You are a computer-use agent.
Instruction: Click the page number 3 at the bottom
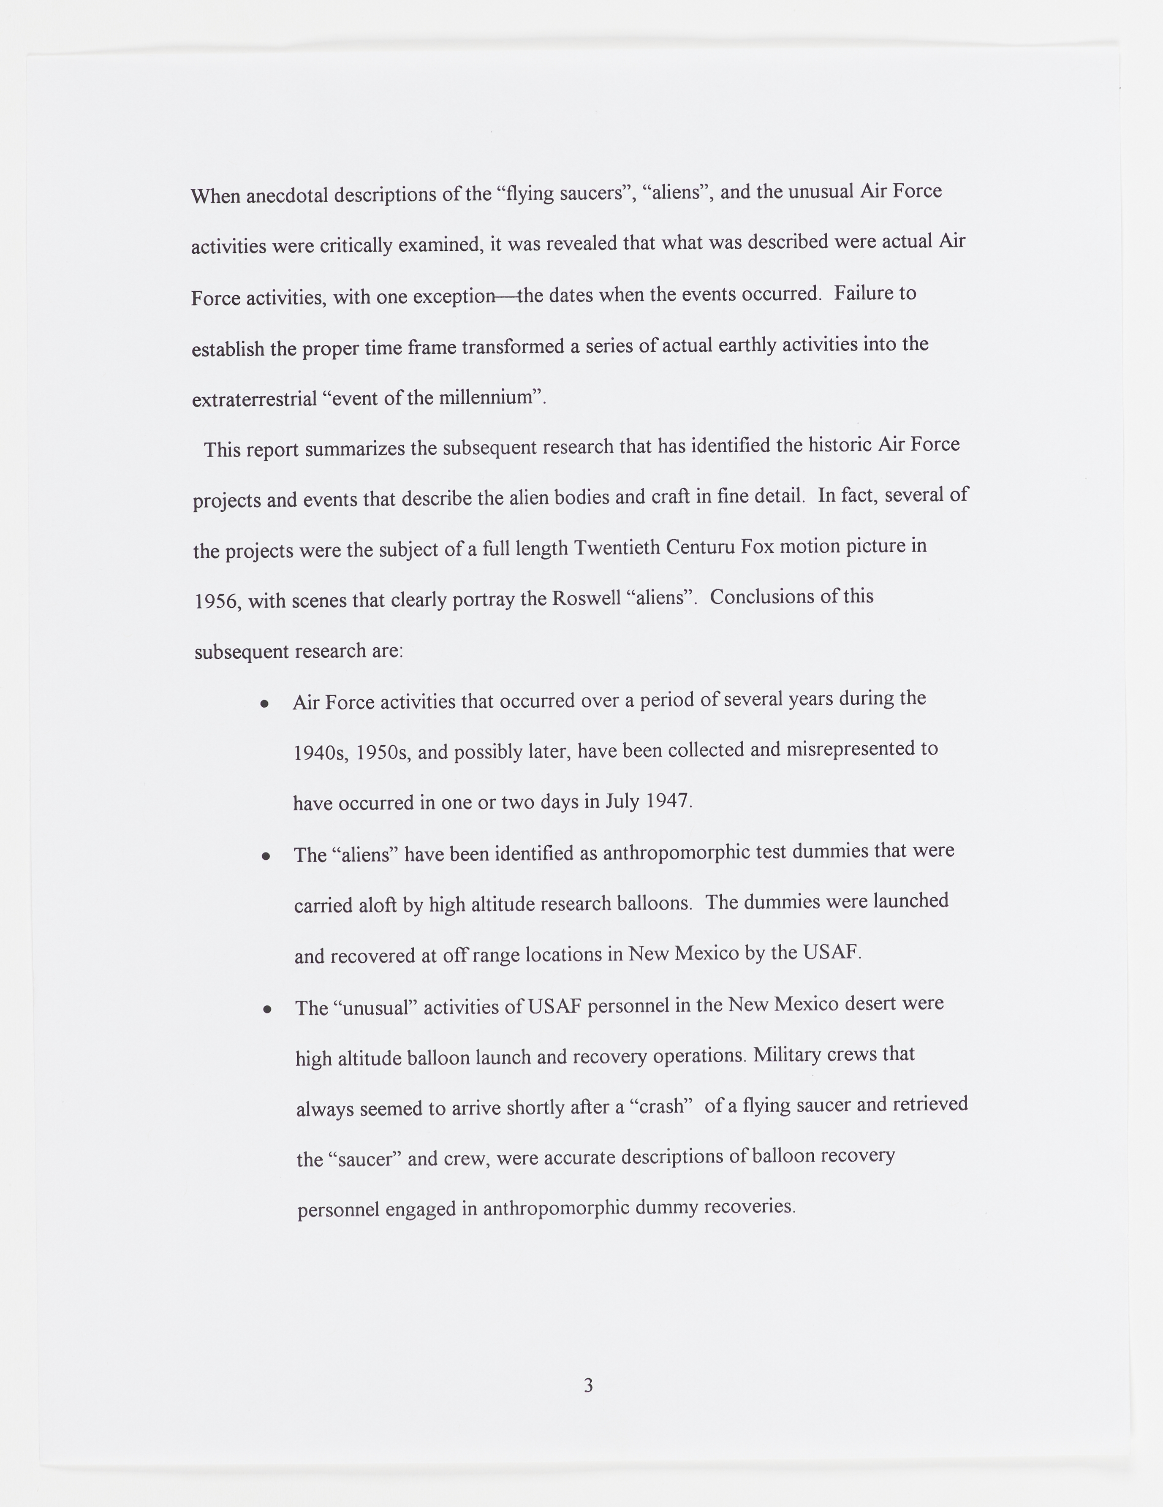click(x=588, y=1385)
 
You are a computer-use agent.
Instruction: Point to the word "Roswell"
click(x=586, y=597)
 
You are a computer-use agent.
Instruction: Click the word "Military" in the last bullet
click(x=787, y=1055)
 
